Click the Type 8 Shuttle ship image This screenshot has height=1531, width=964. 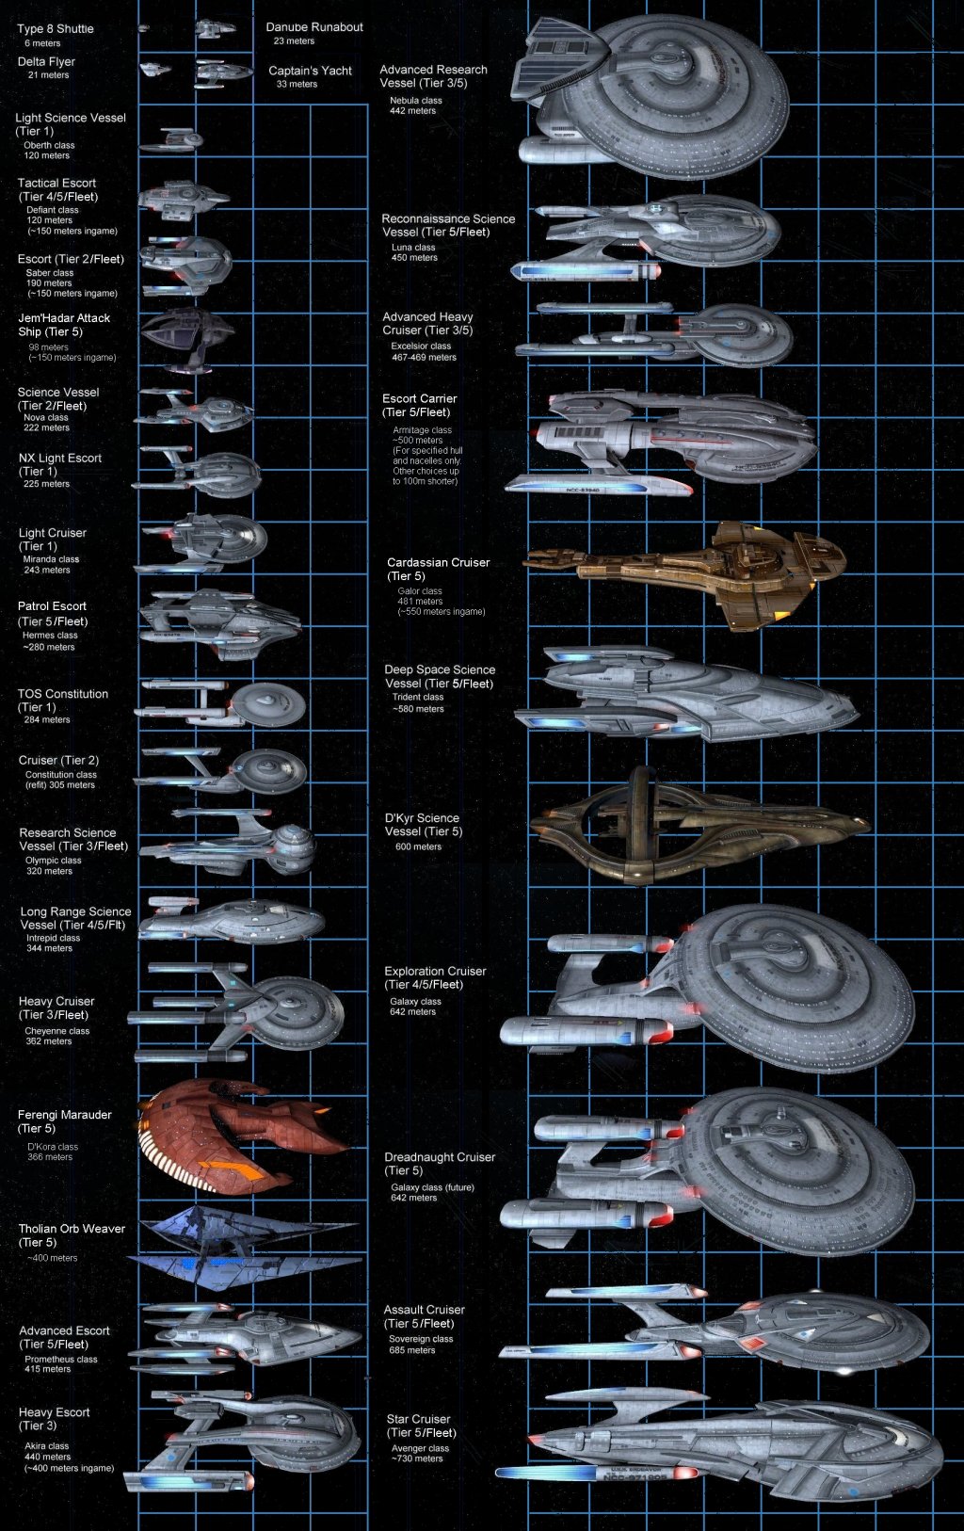point(144,28)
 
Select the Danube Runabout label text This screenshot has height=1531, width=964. point(313,27)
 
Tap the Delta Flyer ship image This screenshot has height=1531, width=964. point(154,69)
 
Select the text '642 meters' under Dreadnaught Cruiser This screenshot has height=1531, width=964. point(413,1198)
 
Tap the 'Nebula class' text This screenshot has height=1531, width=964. point(415,100)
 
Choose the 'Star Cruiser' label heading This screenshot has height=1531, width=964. point(418,1419)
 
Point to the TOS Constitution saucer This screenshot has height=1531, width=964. point(268,704)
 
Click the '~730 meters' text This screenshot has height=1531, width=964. point(417,1458)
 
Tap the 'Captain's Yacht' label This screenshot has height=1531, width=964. point(310,71)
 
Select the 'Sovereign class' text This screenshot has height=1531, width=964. point(421,1339)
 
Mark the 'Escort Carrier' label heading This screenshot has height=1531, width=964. point(419,398)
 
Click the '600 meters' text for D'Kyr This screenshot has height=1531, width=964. point(418,846)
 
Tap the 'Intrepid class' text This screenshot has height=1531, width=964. point(53,938)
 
